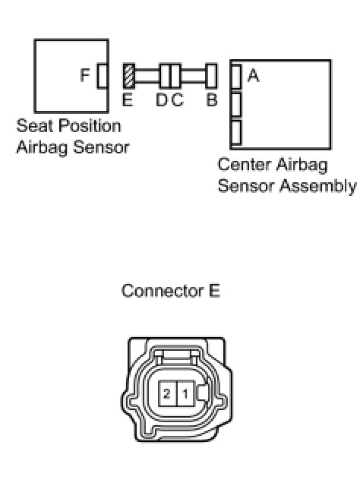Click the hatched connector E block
click(x=129, y=75)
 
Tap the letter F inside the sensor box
click(x=85, y=75)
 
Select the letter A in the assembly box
click(x=254, y=75)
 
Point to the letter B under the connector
click(x=211, y=100)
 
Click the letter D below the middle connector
click(x=162, y=100)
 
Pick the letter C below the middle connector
click(x=177, y=100)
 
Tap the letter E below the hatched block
click(x=128, y=100)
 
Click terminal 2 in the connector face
click(x=168, y=393)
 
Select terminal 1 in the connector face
click(x=186, y=393)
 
